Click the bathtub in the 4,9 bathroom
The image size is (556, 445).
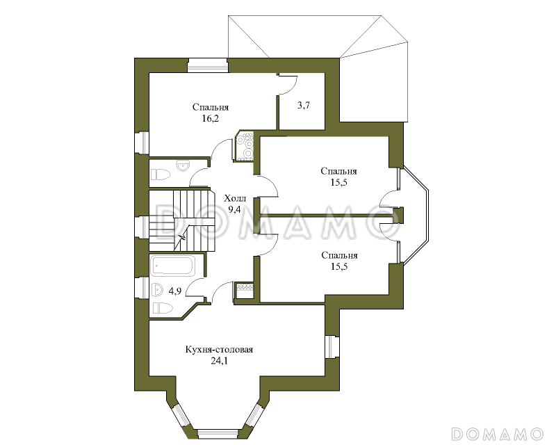click(172, 266)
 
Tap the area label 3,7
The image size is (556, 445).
click(304, 105)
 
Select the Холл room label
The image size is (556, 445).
click(235, 198)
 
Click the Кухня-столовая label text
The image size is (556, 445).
click(219, 350)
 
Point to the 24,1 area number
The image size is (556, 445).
click(219, 361)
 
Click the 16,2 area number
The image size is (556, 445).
click(211, 118)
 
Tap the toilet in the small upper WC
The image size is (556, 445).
click(161, 175)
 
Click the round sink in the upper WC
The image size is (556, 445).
click(183, 165)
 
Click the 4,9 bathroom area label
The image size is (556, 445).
click(175, 291)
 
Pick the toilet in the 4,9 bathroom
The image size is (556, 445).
click(163, 307)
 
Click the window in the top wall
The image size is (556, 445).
click(207, 65)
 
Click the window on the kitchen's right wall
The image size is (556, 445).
click(333, 346)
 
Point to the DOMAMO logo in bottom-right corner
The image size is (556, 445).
click(498, 434)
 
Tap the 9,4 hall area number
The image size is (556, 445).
click(234, 209)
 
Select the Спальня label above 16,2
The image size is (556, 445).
click(211, 107)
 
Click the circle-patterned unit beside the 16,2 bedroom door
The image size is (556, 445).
click(244, 146)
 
